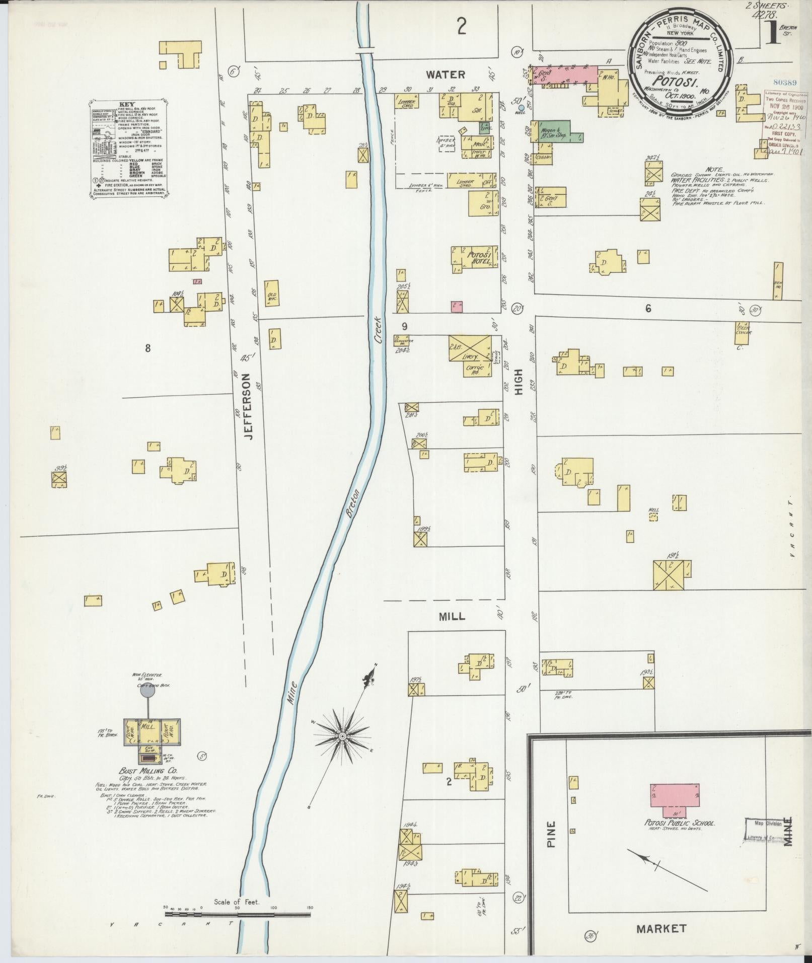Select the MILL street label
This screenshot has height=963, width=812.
coord(452,616)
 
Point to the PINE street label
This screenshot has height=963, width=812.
coord(551,834)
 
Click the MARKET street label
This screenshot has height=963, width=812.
coord(661,928)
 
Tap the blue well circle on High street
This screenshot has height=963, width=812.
coord(521,108)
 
